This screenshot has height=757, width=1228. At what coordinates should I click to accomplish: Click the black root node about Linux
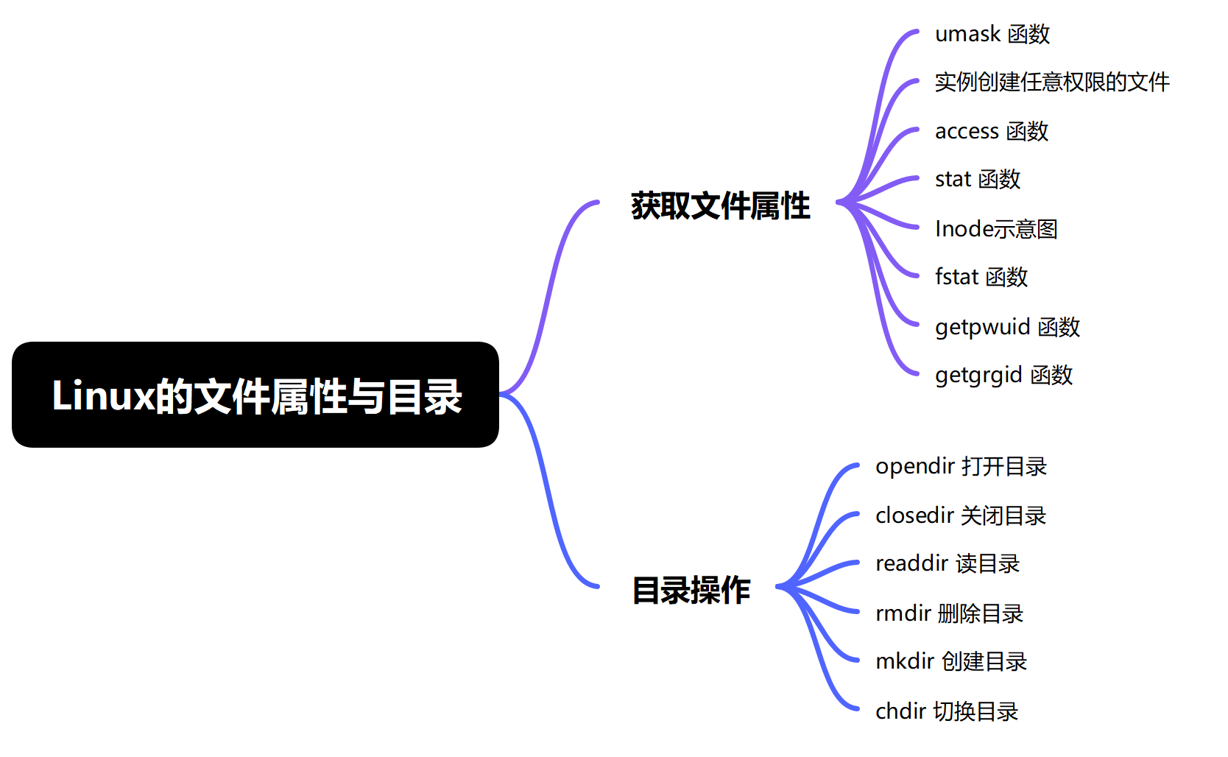click(x=255, y=395)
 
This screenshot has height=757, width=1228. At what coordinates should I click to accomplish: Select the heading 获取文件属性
click(x=720, y=206)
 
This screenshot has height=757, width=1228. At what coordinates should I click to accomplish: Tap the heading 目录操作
click(x=691, y=591)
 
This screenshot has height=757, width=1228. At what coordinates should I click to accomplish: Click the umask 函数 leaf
click(x=992, y=34)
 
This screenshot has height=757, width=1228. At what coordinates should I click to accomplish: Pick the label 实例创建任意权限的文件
click(x=1052, y=82)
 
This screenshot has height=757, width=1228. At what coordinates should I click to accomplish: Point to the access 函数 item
click(x=992, y=131)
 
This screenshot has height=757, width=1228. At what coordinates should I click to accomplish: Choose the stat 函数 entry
click(x=978, y=179)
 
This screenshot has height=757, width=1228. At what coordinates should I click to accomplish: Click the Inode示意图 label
click(x=996, y=228)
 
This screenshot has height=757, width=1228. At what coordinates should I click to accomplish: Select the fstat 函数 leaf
click(x=981, y=277)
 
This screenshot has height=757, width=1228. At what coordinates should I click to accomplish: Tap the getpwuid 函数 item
click(x=1008, y=327)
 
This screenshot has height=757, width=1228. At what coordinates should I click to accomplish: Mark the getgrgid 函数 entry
click(x=1003, y=376)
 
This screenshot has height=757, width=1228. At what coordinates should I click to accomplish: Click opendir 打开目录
click(x=961, y=467)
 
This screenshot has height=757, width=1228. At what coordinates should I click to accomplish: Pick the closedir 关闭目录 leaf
click(x=961, y=515)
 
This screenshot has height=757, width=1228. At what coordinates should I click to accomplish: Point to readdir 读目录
click(x=948, y=564)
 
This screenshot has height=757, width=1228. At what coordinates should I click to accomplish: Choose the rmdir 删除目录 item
click(x=950, y=613)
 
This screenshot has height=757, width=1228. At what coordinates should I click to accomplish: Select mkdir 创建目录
click(x=951, y=661)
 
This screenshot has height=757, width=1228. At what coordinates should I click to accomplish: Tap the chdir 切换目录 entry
click(x=947, y=711)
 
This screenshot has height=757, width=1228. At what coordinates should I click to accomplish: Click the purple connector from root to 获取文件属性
click(x=548, y=299)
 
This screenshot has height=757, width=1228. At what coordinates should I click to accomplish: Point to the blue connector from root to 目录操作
click(x=548, y=490)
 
